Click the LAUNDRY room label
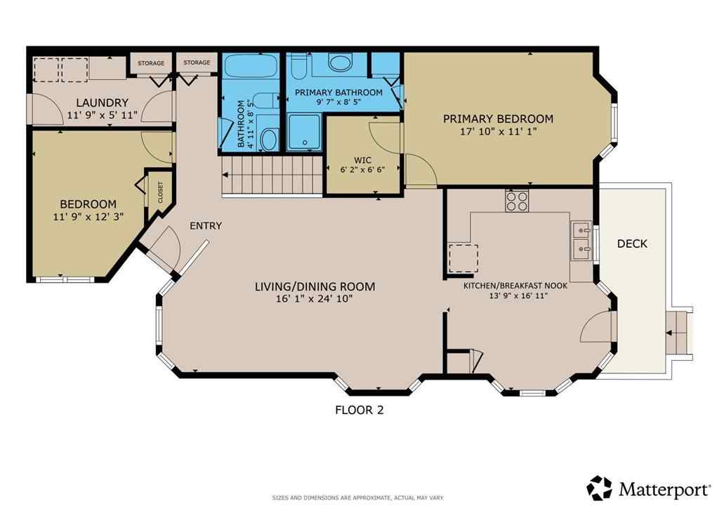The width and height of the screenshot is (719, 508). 102,102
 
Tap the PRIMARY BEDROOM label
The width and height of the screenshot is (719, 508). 498,119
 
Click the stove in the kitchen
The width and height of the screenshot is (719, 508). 517,201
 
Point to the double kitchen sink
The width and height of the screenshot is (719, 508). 581,239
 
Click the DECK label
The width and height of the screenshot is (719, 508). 632,243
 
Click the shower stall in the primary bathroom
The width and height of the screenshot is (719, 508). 304,133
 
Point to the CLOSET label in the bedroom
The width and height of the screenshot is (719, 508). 160,192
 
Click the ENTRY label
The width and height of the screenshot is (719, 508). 206,226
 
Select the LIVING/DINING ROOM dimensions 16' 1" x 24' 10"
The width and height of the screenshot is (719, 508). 315,300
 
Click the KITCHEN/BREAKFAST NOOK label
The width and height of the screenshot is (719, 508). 515,286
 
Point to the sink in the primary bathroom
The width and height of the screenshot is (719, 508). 341,65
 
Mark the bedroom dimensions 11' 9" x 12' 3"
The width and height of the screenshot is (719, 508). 88,216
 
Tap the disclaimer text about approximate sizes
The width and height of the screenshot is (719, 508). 358,497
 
